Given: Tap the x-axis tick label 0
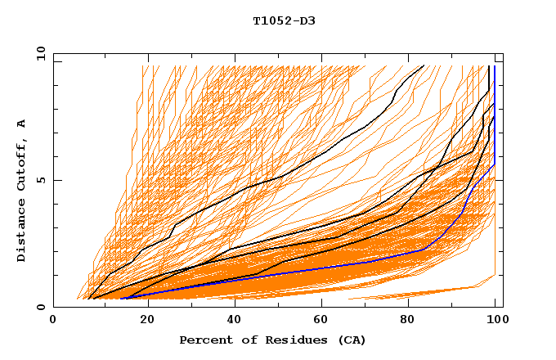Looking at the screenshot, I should point(54,320).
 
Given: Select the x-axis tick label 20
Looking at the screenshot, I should point(142,320).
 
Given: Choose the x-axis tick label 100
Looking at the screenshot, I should point(495,320).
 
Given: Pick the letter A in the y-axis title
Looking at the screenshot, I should point(21,124).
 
